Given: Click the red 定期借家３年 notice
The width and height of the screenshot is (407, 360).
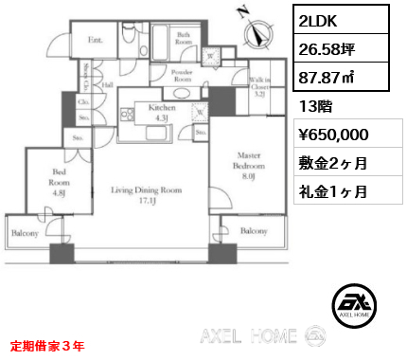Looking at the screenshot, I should click(x=46, y=347).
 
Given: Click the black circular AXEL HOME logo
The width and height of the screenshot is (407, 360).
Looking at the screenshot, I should click(x=355, y=304).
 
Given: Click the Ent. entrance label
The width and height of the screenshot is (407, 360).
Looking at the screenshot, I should click(x=96, y=40).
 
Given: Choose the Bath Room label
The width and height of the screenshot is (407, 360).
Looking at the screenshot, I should click(x=185, y=40).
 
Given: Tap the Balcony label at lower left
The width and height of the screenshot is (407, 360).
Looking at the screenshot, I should click(x=25, y=232).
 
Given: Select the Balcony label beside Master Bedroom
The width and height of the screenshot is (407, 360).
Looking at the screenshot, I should click(x=254, y=231).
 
